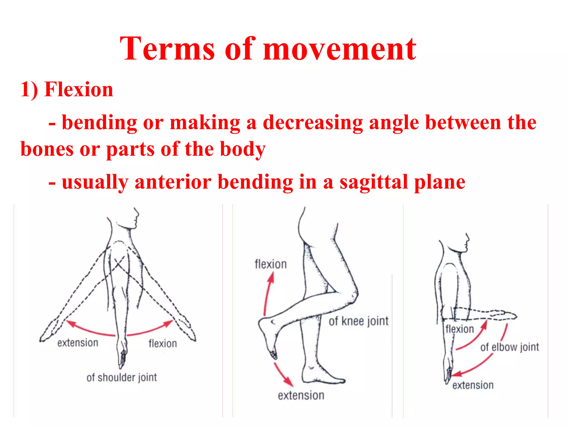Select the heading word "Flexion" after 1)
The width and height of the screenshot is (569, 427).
79,90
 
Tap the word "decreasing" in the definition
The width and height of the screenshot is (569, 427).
313,123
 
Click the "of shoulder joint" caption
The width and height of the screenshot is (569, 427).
121,378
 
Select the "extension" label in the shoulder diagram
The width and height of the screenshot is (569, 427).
78,343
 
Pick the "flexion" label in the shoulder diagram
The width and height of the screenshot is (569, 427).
163,344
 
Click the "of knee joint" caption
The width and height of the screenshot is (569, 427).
358,321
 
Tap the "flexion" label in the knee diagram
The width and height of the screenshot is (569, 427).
271,264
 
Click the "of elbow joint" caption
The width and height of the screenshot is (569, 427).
510,347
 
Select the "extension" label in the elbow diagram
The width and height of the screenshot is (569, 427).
473,385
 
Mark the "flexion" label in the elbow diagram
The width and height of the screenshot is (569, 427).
460,329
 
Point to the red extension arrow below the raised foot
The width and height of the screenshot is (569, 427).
283,374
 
